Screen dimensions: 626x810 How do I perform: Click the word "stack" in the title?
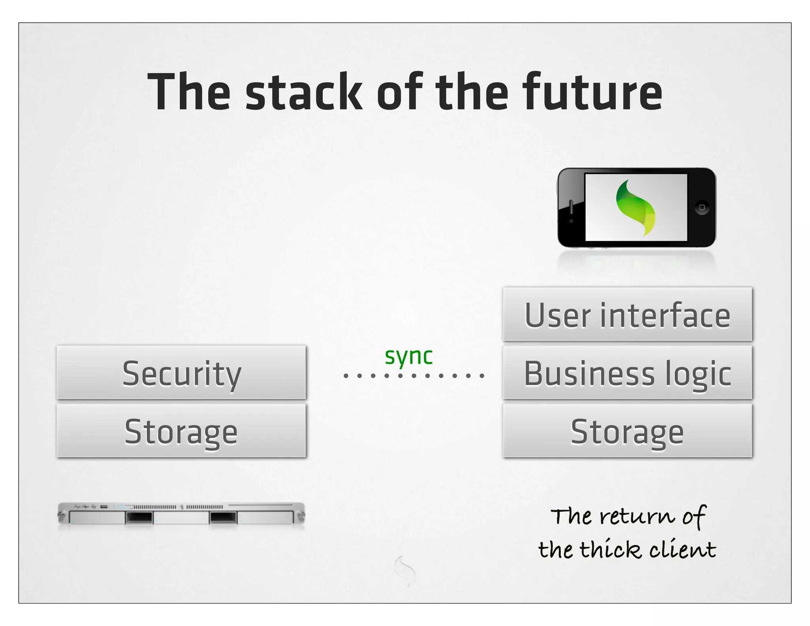(x=304, y=92)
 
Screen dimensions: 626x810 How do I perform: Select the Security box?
(x=181, y=372)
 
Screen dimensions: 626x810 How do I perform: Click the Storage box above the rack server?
(x=181, y=431)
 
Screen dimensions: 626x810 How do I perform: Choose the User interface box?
(x=627, y=314)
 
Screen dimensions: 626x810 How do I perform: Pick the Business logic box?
(x=627, y=372)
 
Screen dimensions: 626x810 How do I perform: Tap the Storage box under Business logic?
(x=627, y=431)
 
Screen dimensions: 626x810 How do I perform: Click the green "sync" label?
(x=409, y=356)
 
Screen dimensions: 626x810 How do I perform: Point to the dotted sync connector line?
(x=414, y=375)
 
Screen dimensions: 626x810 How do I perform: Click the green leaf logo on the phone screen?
(x=636, y=207)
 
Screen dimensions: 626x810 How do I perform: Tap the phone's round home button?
(x=702, y=207)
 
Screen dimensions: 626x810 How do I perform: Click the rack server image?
(x=181, y=515)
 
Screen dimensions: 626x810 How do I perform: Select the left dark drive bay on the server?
(x=139, y=517)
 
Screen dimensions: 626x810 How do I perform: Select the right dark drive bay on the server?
(x=223, y=517)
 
